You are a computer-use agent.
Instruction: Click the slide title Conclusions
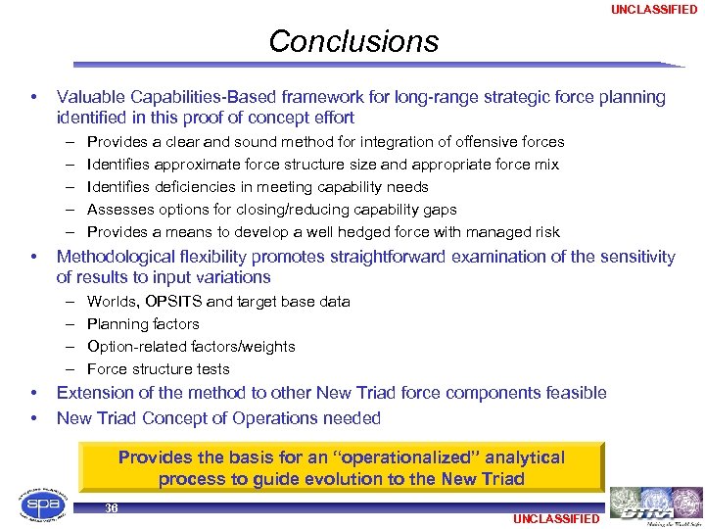click(x=353, y=41)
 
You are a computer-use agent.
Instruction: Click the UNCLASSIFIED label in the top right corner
click(x=654, y=10)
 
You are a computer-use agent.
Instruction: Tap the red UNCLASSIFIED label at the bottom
click(x=555, y=518)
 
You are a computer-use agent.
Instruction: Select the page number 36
click(x=111, y=508)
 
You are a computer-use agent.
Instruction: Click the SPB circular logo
click(x=38, y=505)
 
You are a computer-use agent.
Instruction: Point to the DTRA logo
click(x=655, y=505)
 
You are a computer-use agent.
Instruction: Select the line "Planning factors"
click(x=143, y=324)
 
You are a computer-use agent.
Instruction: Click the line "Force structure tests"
click(x=159, y=369)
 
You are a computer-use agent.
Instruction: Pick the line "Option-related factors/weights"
click(x=191, y=347)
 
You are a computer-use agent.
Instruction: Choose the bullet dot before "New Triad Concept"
click(x=34, y=418)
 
